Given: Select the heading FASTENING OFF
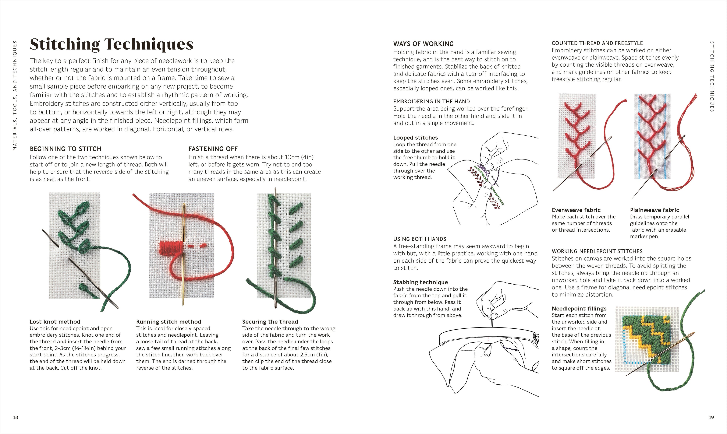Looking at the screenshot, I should (213, 149).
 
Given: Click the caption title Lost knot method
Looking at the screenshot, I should (55, 322).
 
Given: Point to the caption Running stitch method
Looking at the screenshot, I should (168, 322).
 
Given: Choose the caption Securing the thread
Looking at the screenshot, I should (270, 322).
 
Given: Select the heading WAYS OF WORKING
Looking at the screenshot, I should (423, 44).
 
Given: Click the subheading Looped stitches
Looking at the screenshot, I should (415, 138).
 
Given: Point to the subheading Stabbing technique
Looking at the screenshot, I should (420, 282).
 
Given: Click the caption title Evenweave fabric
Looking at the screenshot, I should (576, 210).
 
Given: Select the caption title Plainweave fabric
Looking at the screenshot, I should (654, 210).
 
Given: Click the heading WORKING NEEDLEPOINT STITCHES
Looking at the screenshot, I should (597, 251).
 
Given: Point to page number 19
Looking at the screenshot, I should (711, 417).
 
